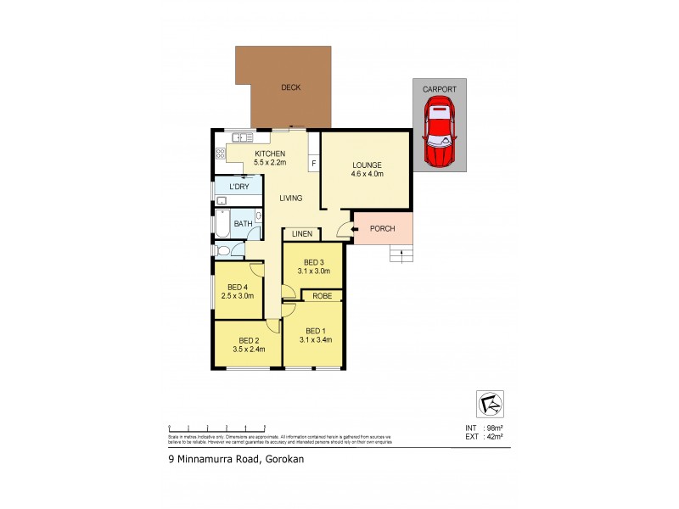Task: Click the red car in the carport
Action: [439, 132]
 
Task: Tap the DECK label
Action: [290, 87]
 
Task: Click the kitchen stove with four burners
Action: [221, 154]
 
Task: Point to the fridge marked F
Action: [313, 163]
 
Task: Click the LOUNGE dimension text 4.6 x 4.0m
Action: [367, 174]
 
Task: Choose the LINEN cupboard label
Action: [301, 234]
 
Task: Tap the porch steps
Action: [400, 254]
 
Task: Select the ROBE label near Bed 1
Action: [322, 296]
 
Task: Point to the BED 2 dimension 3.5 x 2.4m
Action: [250, 349]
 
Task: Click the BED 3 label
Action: [312, 261]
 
